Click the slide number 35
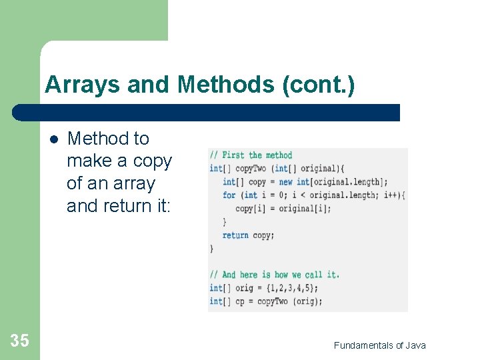tap(20, 341)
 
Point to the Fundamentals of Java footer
tap(379, 345)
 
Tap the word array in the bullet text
tap(136, 183)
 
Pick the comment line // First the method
tap(251, 155)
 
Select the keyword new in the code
tap(285, 181)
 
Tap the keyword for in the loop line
tap(229, 195)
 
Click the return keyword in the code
tap(235, 235)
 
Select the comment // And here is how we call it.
tap(274, 274)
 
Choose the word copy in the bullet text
tap(153, 161)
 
